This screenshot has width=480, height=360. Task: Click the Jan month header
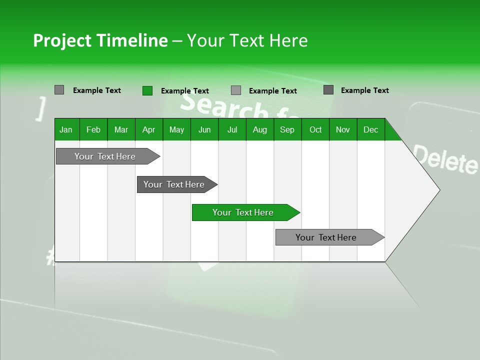coord(66,129)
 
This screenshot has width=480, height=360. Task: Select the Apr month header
coord(148,129)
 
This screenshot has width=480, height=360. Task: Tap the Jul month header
coord(232,129)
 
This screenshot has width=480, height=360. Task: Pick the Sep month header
coord(287,129)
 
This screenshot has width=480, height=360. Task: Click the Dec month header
coord(370,129)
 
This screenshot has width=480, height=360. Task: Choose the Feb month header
coord(93,129)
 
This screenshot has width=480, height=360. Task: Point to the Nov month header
coord(342,129)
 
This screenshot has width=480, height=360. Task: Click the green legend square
coord(147,90)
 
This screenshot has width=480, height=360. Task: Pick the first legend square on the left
coord(59,90)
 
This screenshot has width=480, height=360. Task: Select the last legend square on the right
coord(328,90)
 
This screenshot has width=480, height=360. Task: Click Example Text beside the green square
coord(184,91)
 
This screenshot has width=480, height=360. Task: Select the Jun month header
coord(204,129)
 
